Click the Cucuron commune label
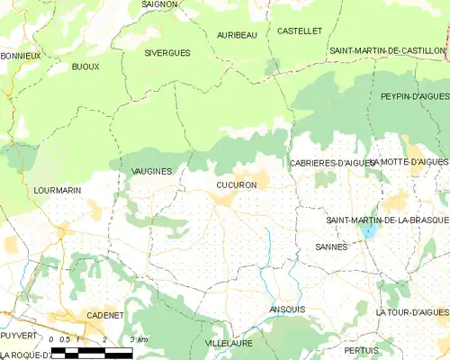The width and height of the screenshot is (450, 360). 237,184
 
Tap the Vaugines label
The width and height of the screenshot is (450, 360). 151,170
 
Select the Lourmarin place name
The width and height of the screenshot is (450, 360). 57,191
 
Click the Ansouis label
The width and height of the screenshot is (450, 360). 287,309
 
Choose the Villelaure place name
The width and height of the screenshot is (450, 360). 229,344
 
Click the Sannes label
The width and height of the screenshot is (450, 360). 332,246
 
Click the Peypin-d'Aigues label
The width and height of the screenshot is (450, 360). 414,95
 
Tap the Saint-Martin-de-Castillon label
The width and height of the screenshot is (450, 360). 388,50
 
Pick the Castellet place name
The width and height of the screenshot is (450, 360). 300,31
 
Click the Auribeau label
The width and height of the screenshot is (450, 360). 238,34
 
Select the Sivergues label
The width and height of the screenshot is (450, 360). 167,53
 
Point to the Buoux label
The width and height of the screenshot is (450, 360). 85,67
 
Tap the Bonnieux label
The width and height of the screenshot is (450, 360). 21,55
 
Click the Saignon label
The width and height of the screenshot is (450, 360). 160,4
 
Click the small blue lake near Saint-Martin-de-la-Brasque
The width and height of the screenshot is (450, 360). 367,231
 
